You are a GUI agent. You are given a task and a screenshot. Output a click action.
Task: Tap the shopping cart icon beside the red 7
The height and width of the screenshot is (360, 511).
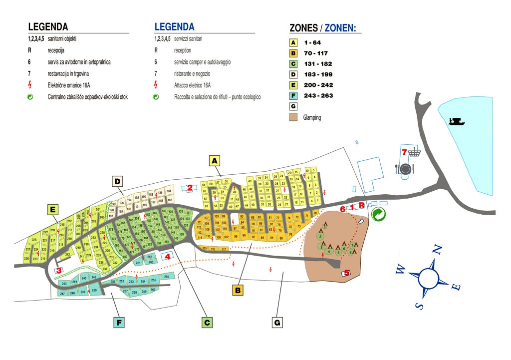pos(414,152)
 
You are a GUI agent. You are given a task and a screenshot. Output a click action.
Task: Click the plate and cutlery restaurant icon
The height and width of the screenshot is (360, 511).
pos(405,169)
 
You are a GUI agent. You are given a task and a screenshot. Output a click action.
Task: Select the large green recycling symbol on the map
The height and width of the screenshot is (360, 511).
pos(379,214)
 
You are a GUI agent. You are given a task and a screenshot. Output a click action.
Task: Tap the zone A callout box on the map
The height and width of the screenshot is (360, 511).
pos(215,160)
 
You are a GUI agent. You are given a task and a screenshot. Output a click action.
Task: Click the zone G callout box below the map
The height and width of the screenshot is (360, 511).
pos(277,322)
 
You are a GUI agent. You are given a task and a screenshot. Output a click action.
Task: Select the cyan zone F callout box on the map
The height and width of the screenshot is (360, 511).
pos(119,323)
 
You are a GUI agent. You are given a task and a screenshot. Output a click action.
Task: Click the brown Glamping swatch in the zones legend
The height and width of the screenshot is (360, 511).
pos(293,117)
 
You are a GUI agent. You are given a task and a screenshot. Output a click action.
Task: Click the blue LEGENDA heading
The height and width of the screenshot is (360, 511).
pos(174,27)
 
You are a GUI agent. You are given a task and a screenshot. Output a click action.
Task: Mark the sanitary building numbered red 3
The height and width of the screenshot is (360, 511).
pos(59,270)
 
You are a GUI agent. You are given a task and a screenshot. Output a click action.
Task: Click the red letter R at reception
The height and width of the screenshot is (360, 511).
pos(361,205)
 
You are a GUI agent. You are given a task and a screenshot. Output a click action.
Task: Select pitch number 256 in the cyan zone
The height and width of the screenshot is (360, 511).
pos(167,276)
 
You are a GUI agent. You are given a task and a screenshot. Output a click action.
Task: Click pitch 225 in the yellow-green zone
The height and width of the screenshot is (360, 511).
pos(34,240)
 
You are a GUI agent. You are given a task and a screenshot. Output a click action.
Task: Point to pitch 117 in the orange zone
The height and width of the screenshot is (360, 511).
pos(224,249)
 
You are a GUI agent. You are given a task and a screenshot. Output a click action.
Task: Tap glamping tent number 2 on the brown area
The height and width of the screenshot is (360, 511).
pos(320,236)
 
